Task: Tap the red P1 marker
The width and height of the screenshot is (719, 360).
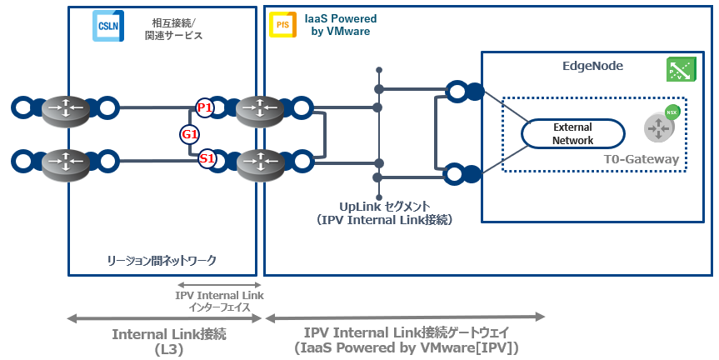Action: pos(204,107)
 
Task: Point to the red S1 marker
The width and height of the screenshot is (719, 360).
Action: pos(206,157)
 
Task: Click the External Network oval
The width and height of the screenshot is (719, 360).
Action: pos(572,133)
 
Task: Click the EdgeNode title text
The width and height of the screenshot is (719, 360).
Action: pos(593,66)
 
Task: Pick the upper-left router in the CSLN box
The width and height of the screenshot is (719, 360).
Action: pos(65,107)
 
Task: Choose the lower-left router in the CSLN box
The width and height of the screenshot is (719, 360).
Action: pos(65,159)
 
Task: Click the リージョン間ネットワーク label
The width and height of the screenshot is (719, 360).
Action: pos(162,261)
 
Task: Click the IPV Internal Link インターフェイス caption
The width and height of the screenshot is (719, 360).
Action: pos(219,300)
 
